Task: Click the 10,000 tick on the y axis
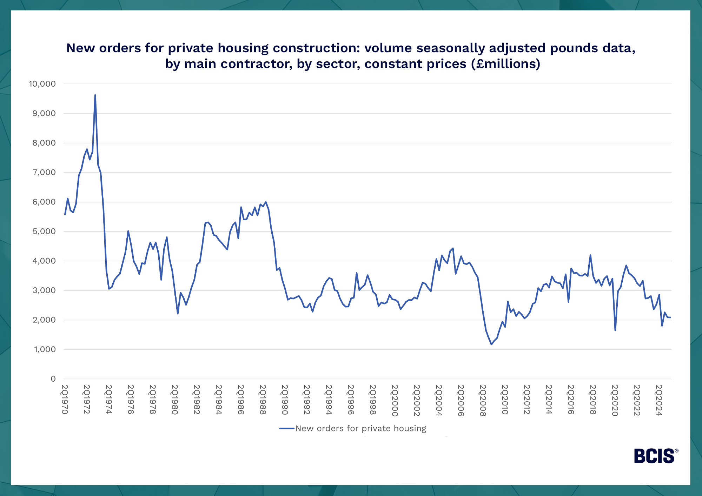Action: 42,84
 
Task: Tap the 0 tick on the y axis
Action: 53,379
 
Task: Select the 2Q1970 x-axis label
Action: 65,400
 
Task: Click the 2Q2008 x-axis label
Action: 483,400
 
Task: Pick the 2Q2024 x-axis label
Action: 659,400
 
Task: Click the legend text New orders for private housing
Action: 361,428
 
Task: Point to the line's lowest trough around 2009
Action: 491,344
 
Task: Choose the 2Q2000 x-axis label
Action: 395,400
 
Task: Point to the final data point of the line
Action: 670,317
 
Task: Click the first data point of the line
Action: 65,214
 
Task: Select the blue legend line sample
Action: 286,428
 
